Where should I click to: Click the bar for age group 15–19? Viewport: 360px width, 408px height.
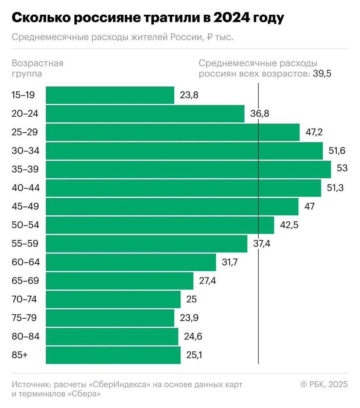[109, 95]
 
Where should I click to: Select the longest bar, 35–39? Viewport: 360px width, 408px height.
[188, 169]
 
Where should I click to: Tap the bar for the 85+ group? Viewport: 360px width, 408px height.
[113, 355]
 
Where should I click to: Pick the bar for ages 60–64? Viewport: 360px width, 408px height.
[131, 262]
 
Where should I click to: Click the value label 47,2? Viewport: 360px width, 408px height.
[314, 132]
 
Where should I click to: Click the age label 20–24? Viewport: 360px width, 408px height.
[25, 114]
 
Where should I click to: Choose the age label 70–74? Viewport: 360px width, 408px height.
[25, 299]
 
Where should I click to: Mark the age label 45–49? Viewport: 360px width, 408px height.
[25, 206]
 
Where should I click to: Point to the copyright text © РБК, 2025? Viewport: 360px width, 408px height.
[324, 384]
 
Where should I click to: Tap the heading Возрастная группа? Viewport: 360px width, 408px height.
[38, 69]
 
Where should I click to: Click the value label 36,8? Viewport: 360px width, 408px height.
[260, 114]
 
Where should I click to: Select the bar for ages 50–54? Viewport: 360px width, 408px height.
[159, 225]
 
